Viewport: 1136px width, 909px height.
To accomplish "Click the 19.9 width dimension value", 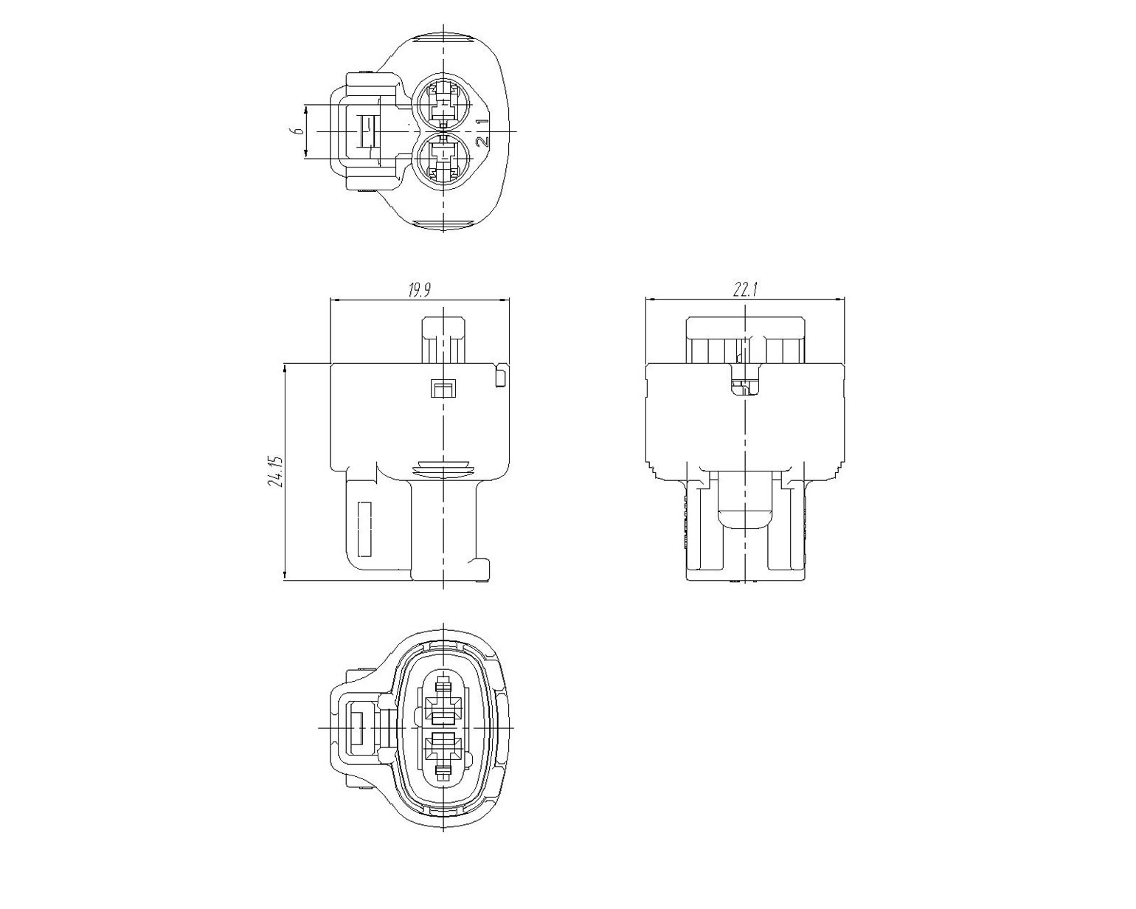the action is (x=419, y=290).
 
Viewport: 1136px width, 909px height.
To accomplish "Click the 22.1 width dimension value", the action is (x=745, y=290).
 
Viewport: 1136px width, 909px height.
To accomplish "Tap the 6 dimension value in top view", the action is (x=299, y=131).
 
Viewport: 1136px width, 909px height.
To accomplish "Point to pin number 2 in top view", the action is (x=482, y=142).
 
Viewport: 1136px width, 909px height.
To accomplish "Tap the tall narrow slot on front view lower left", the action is (x=364, y=529).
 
